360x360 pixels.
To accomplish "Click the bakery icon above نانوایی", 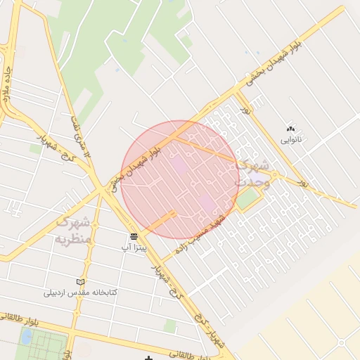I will click(290, 129).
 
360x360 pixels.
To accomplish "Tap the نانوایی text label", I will click(290, 140).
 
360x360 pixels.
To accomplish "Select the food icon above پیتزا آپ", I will click(134, 236).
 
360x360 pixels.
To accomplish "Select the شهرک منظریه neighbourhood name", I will click(73, 231).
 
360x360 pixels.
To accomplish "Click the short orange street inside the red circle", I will click(160, 223).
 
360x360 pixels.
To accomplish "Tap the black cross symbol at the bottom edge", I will click(148, 358).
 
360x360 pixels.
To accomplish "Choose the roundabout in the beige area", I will click(342, 343).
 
